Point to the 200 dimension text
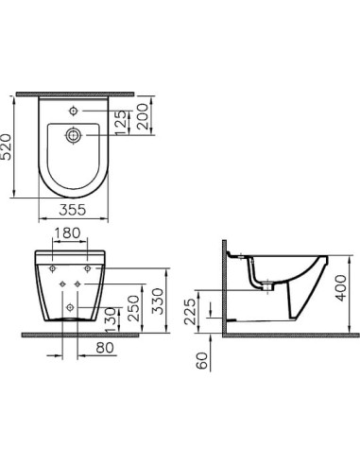(143, 116)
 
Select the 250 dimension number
(134, 307)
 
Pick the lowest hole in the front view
(73, 309)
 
